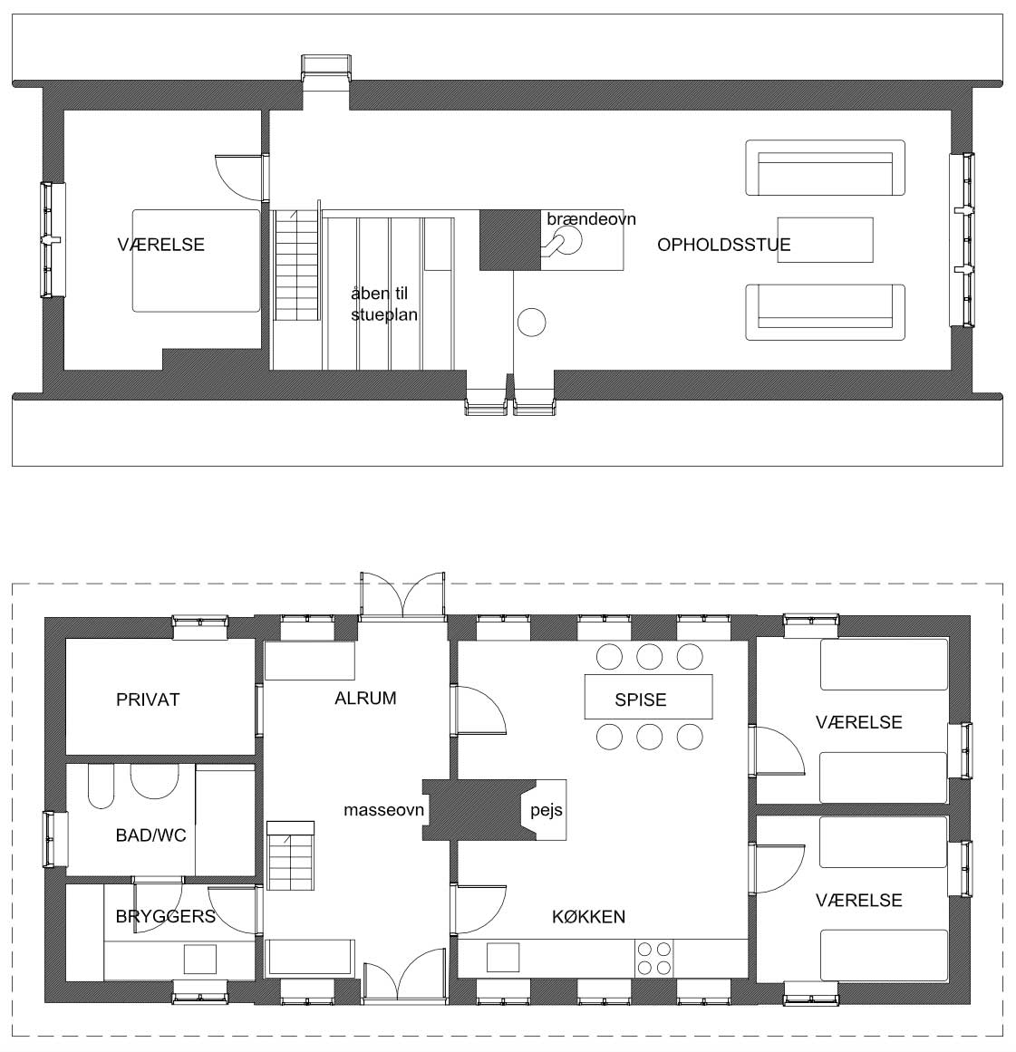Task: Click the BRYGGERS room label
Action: [166, 916]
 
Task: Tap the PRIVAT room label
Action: [148, 700]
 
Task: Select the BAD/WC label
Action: [150, 835]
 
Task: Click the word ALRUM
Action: [365, 699]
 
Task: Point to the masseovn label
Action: [383, 810]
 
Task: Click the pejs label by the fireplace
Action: [547, 811]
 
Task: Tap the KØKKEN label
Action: [588, 916]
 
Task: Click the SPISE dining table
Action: [648, 697]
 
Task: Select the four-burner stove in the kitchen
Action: [653, 958]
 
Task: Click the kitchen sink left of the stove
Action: [503, 958]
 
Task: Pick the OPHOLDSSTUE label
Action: [723, 245]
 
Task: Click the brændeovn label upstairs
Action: [591, 219]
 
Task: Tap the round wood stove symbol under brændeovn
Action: [567, 240]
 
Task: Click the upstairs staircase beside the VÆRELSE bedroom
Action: [295, 265]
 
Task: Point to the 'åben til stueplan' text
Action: [384, 304]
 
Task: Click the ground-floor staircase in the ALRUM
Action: [291, 856]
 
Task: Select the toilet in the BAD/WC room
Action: [101, 787]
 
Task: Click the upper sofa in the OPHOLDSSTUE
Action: [825, 168]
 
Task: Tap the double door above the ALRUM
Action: [402, 595]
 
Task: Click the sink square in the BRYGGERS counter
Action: [200, 959]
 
